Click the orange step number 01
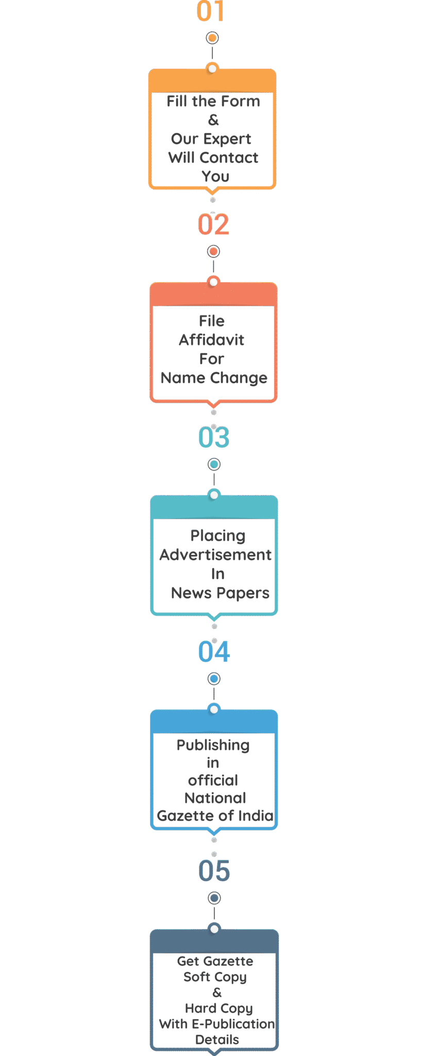point(211,11)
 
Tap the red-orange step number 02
point(213,224)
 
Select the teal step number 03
point(214,437)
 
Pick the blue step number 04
point(214,652)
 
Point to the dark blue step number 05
point(214,871)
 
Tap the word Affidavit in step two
point(212,340)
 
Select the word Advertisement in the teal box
point(215,555)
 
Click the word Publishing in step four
point(213,746)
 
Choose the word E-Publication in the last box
point(233,1024)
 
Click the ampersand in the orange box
point(213,120)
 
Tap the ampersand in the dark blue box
point(217,993)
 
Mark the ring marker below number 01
point(212,38)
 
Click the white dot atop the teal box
point(214,495)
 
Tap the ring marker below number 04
point(214,679)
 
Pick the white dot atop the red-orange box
point(213,282)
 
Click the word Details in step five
point(217,1039)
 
